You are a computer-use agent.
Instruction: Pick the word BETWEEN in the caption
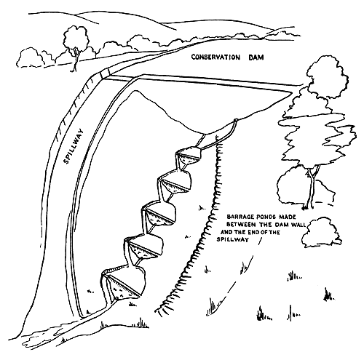[x=242, y=224]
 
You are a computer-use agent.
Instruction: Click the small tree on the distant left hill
[x=76, y=40]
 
